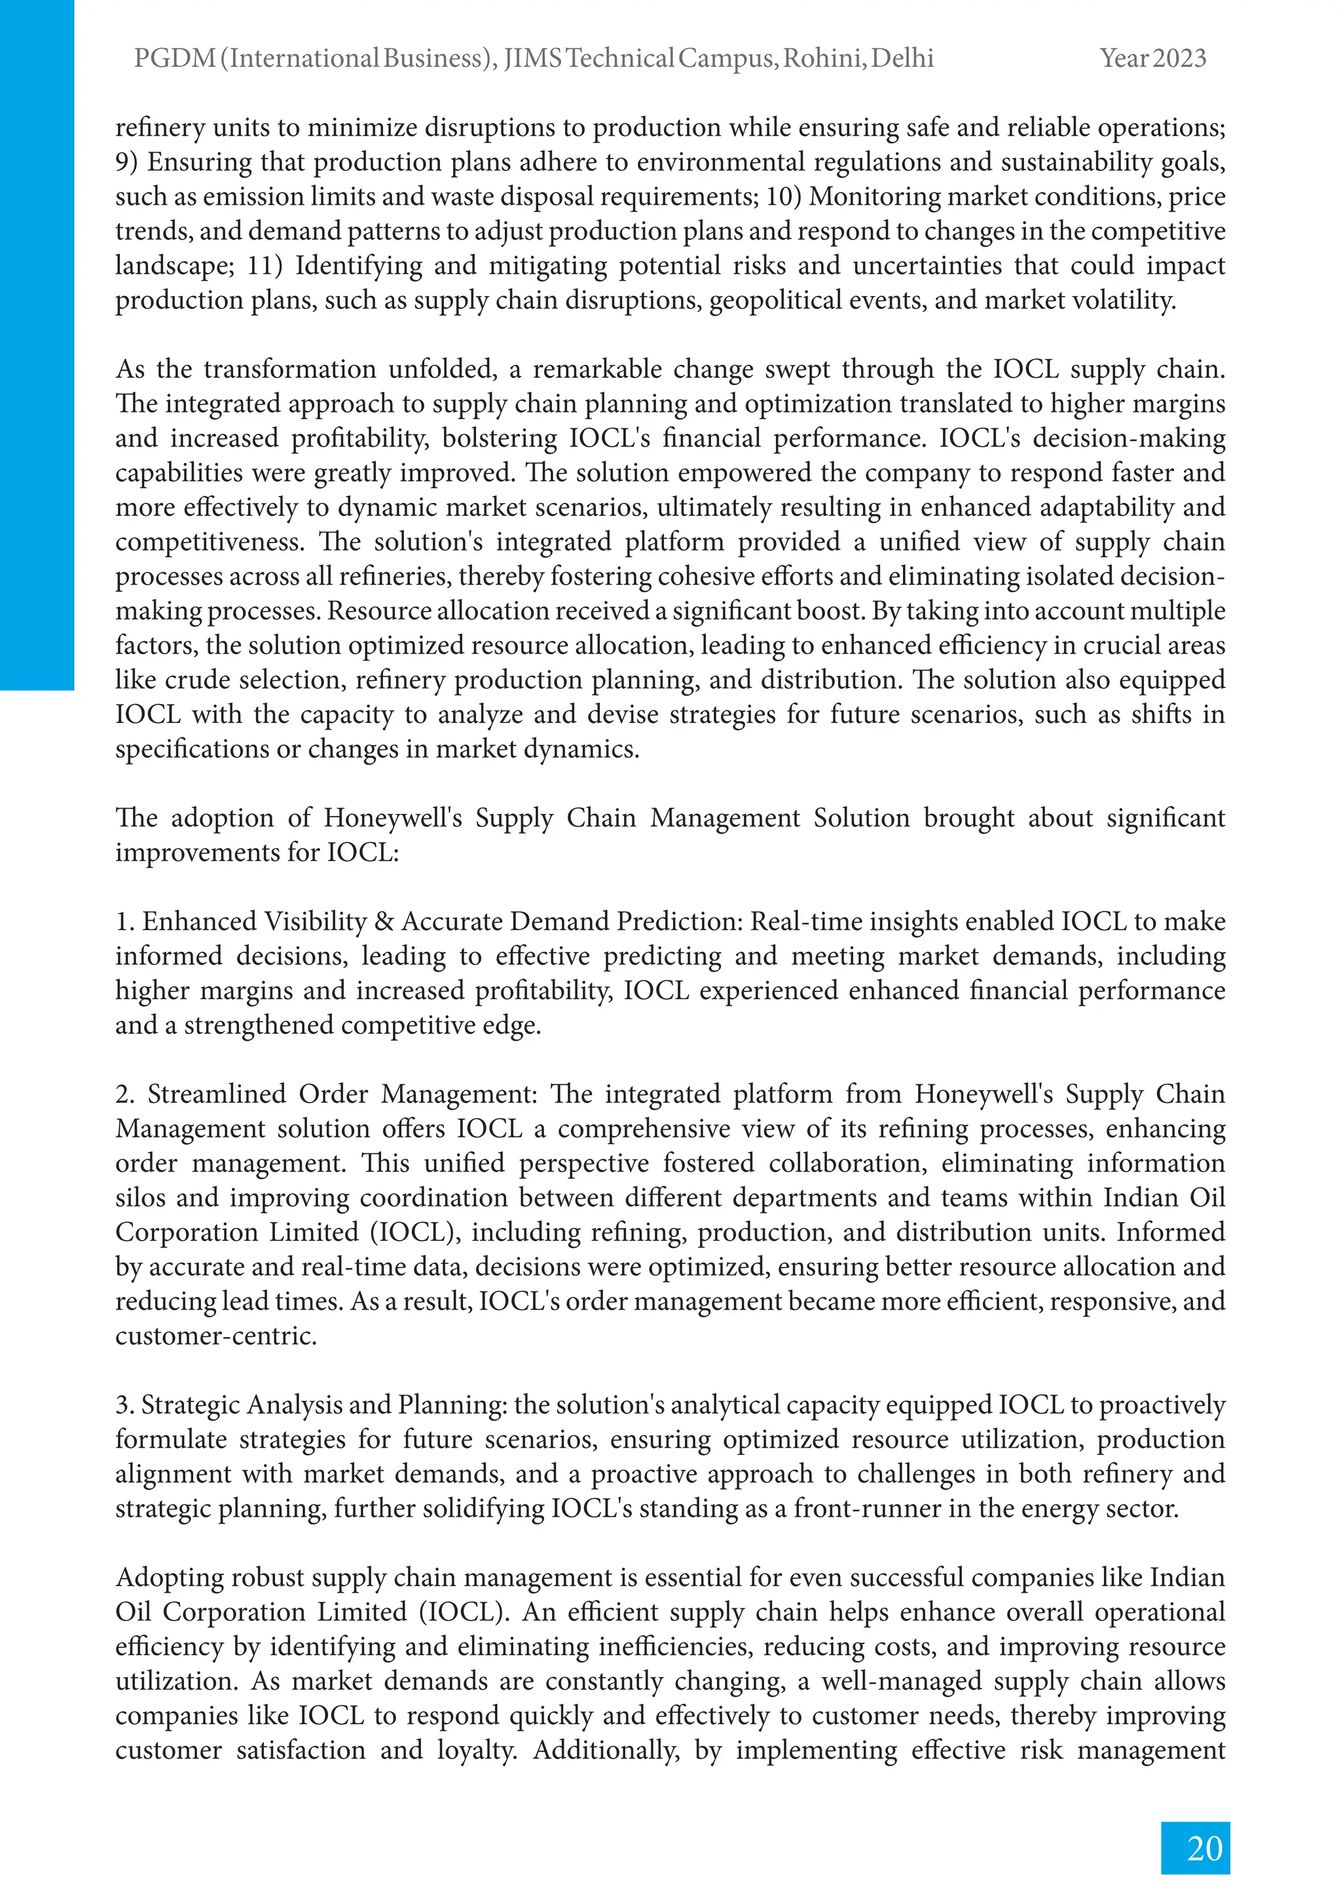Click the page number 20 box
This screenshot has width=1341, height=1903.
tap(1194, 1847)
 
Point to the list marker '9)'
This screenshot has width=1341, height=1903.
tap(127, 162)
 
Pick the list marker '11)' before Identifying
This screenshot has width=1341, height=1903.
tap(265, 265)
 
